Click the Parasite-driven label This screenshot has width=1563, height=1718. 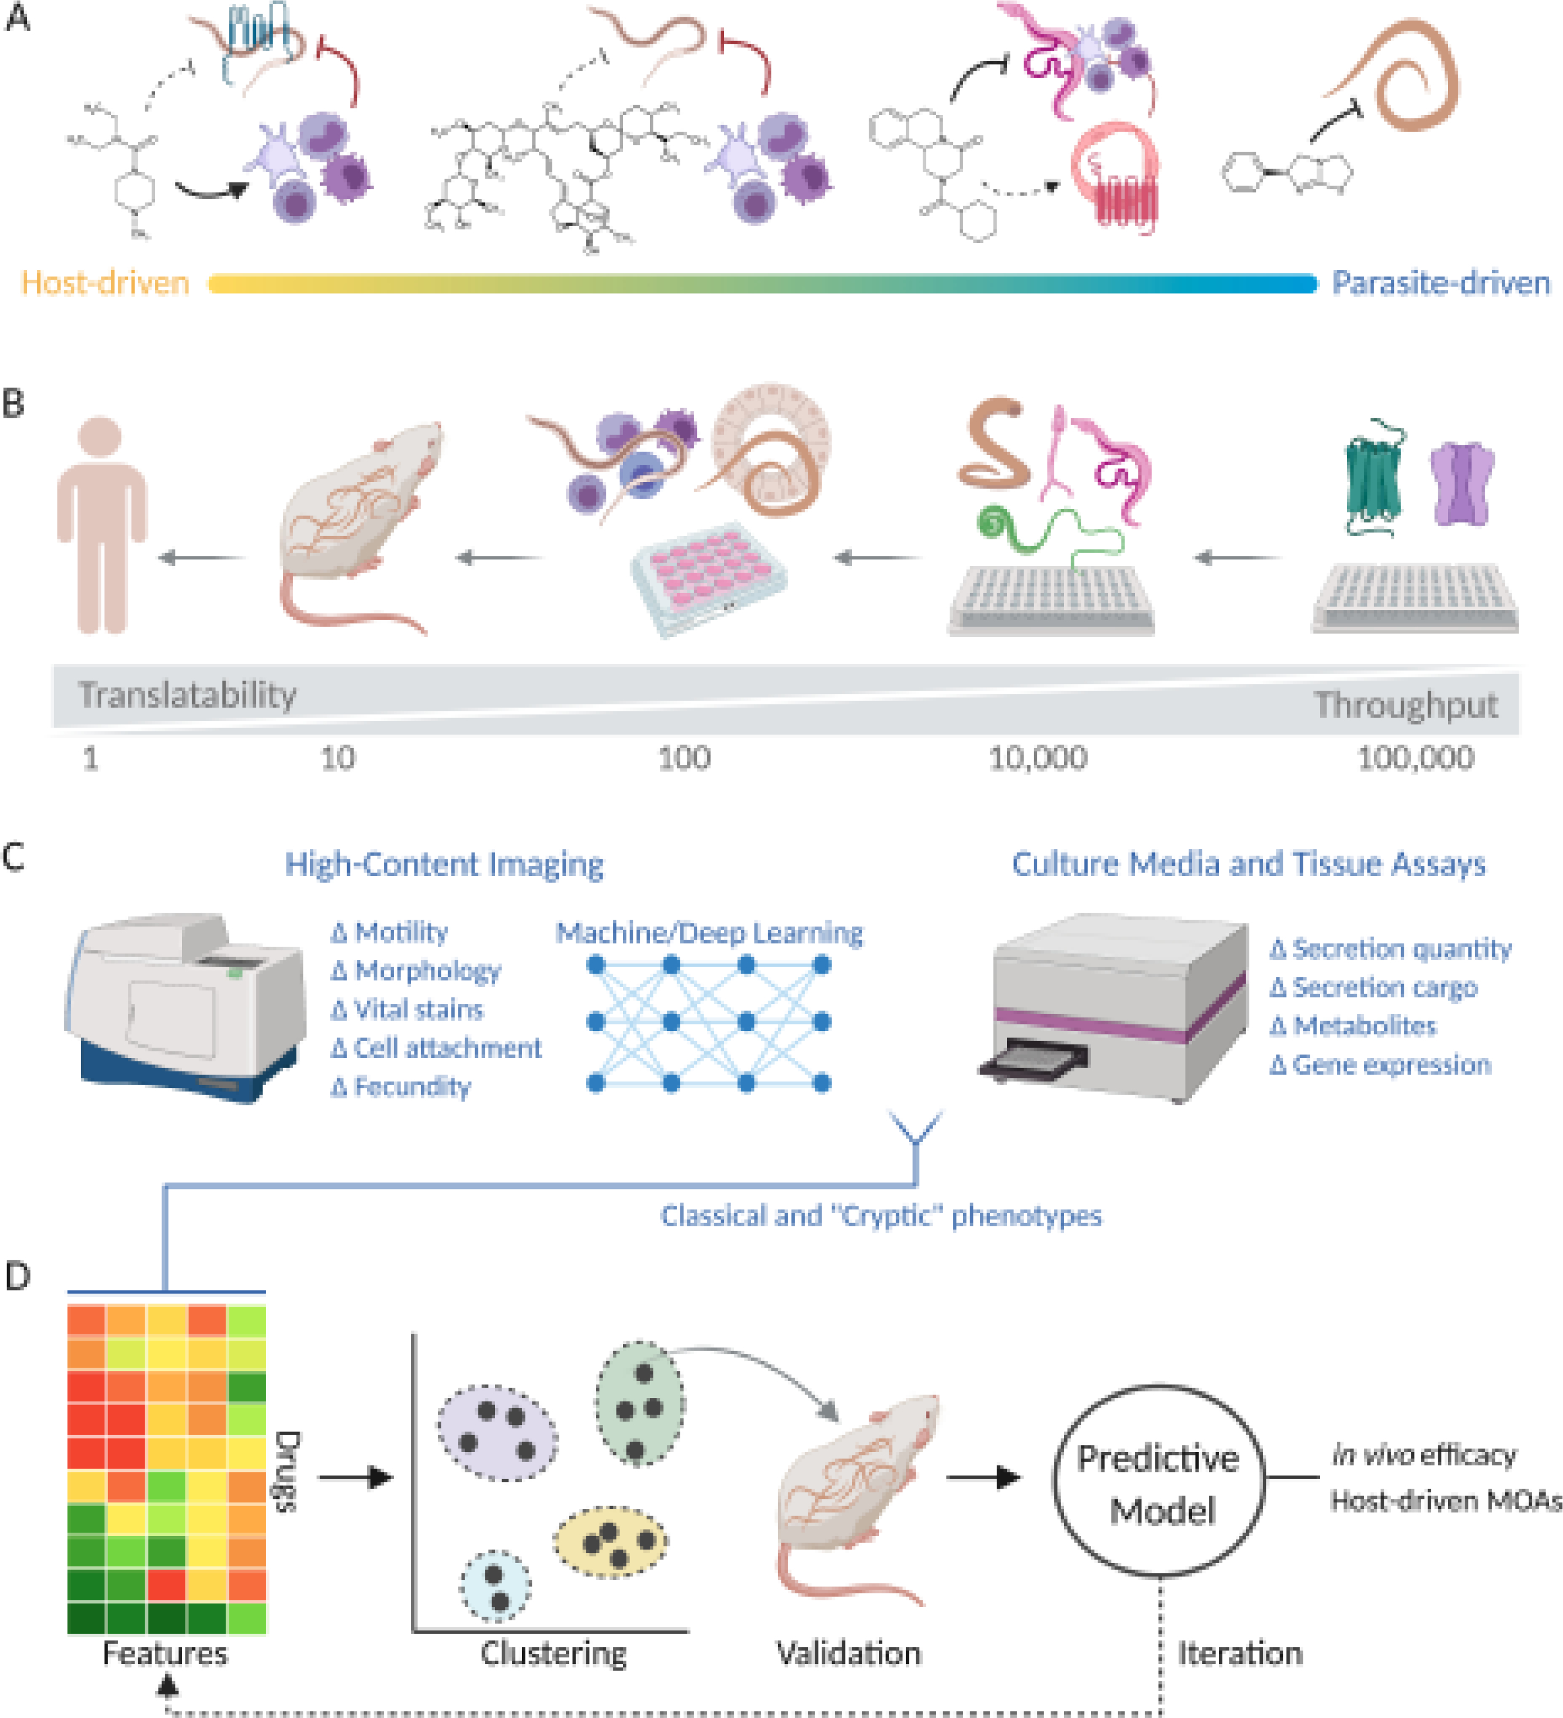(x=1441, y=282)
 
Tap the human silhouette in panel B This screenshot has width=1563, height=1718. (x=102, y=524)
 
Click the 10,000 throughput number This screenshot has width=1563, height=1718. (x=1037, y=758)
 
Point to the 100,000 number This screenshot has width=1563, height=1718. (x=1415, y=758)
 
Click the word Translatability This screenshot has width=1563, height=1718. (x=187, y=695)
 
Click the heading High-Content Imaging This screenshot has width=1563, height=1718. (x=444, y=864)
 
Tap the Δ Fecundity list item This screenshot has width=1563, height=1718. (x=401, y=1087)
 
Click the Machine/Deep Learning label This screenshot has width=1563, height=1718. (x=709, y=932)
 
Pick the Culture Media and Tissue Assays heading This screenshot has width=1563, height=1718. (x=1249, y=864)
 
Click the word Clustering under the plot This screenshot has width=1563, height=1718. (x=554, y=1653)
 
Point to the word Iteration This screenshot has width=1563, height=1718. (x=1240, y=1653)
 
